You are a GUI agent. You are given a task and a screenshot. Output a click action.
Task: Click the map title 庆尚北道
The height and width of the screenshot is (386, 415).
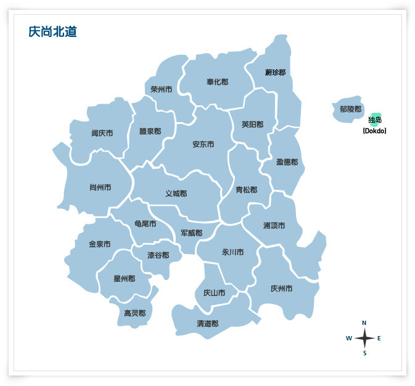pos(52,32)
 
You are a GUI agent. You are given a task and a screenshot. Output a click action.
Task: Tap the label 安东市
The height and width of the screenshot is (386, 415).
pos(203,144)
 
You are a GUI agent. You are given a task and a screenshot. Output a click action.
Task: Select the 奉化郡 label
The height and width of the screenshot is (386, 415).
pos(217,81)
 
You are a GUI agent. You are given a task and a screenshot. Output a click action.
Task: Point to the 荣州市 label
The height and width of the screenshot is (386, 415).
pos(161,89)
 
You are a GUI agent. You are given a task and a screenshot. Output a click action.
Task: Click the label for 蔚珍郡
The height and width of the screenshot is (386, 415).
pos(275,72)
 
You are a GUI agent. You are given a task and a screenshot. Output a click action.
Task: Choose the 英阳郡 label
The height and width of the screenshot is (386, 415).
pos(252,124)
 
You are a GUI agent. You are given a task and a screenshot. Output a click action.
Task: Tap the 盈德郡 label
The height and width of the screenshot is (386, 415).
pos(287,162)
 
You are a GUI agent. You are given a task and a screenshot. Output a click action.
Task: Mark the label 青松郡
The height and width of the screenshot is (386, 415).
pos(247,190)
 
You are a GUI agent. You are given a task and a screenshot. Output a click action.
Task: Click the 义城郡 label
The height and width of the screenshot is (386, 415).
pos(176,194)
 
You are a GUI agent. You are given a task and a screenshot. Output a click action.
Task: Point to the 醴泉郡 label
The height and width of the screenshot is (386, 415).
pos(150,131)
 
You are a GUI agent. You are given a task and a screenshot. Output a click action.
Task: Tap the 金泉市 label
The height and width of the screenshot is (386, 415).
pos(99,244)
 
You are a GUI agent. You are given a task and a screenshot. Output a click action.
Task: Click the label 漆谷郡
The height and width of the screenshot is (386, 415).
pos(158,255)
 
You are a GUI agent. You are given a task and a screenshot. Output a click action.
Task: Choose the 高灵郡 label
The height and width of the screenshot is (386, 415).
pos(134,313)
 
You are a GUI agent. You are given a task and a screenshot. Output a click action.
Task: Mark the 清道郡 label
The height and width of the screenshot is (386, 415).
pos(207,323)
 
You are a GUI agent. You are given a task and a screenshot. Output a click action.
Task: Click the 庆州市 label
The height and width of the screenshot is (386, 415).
pos(281,288)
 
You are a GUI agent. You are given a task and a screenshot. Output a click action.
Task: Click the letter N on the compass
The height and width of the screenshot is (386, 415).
pos(364,322)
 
